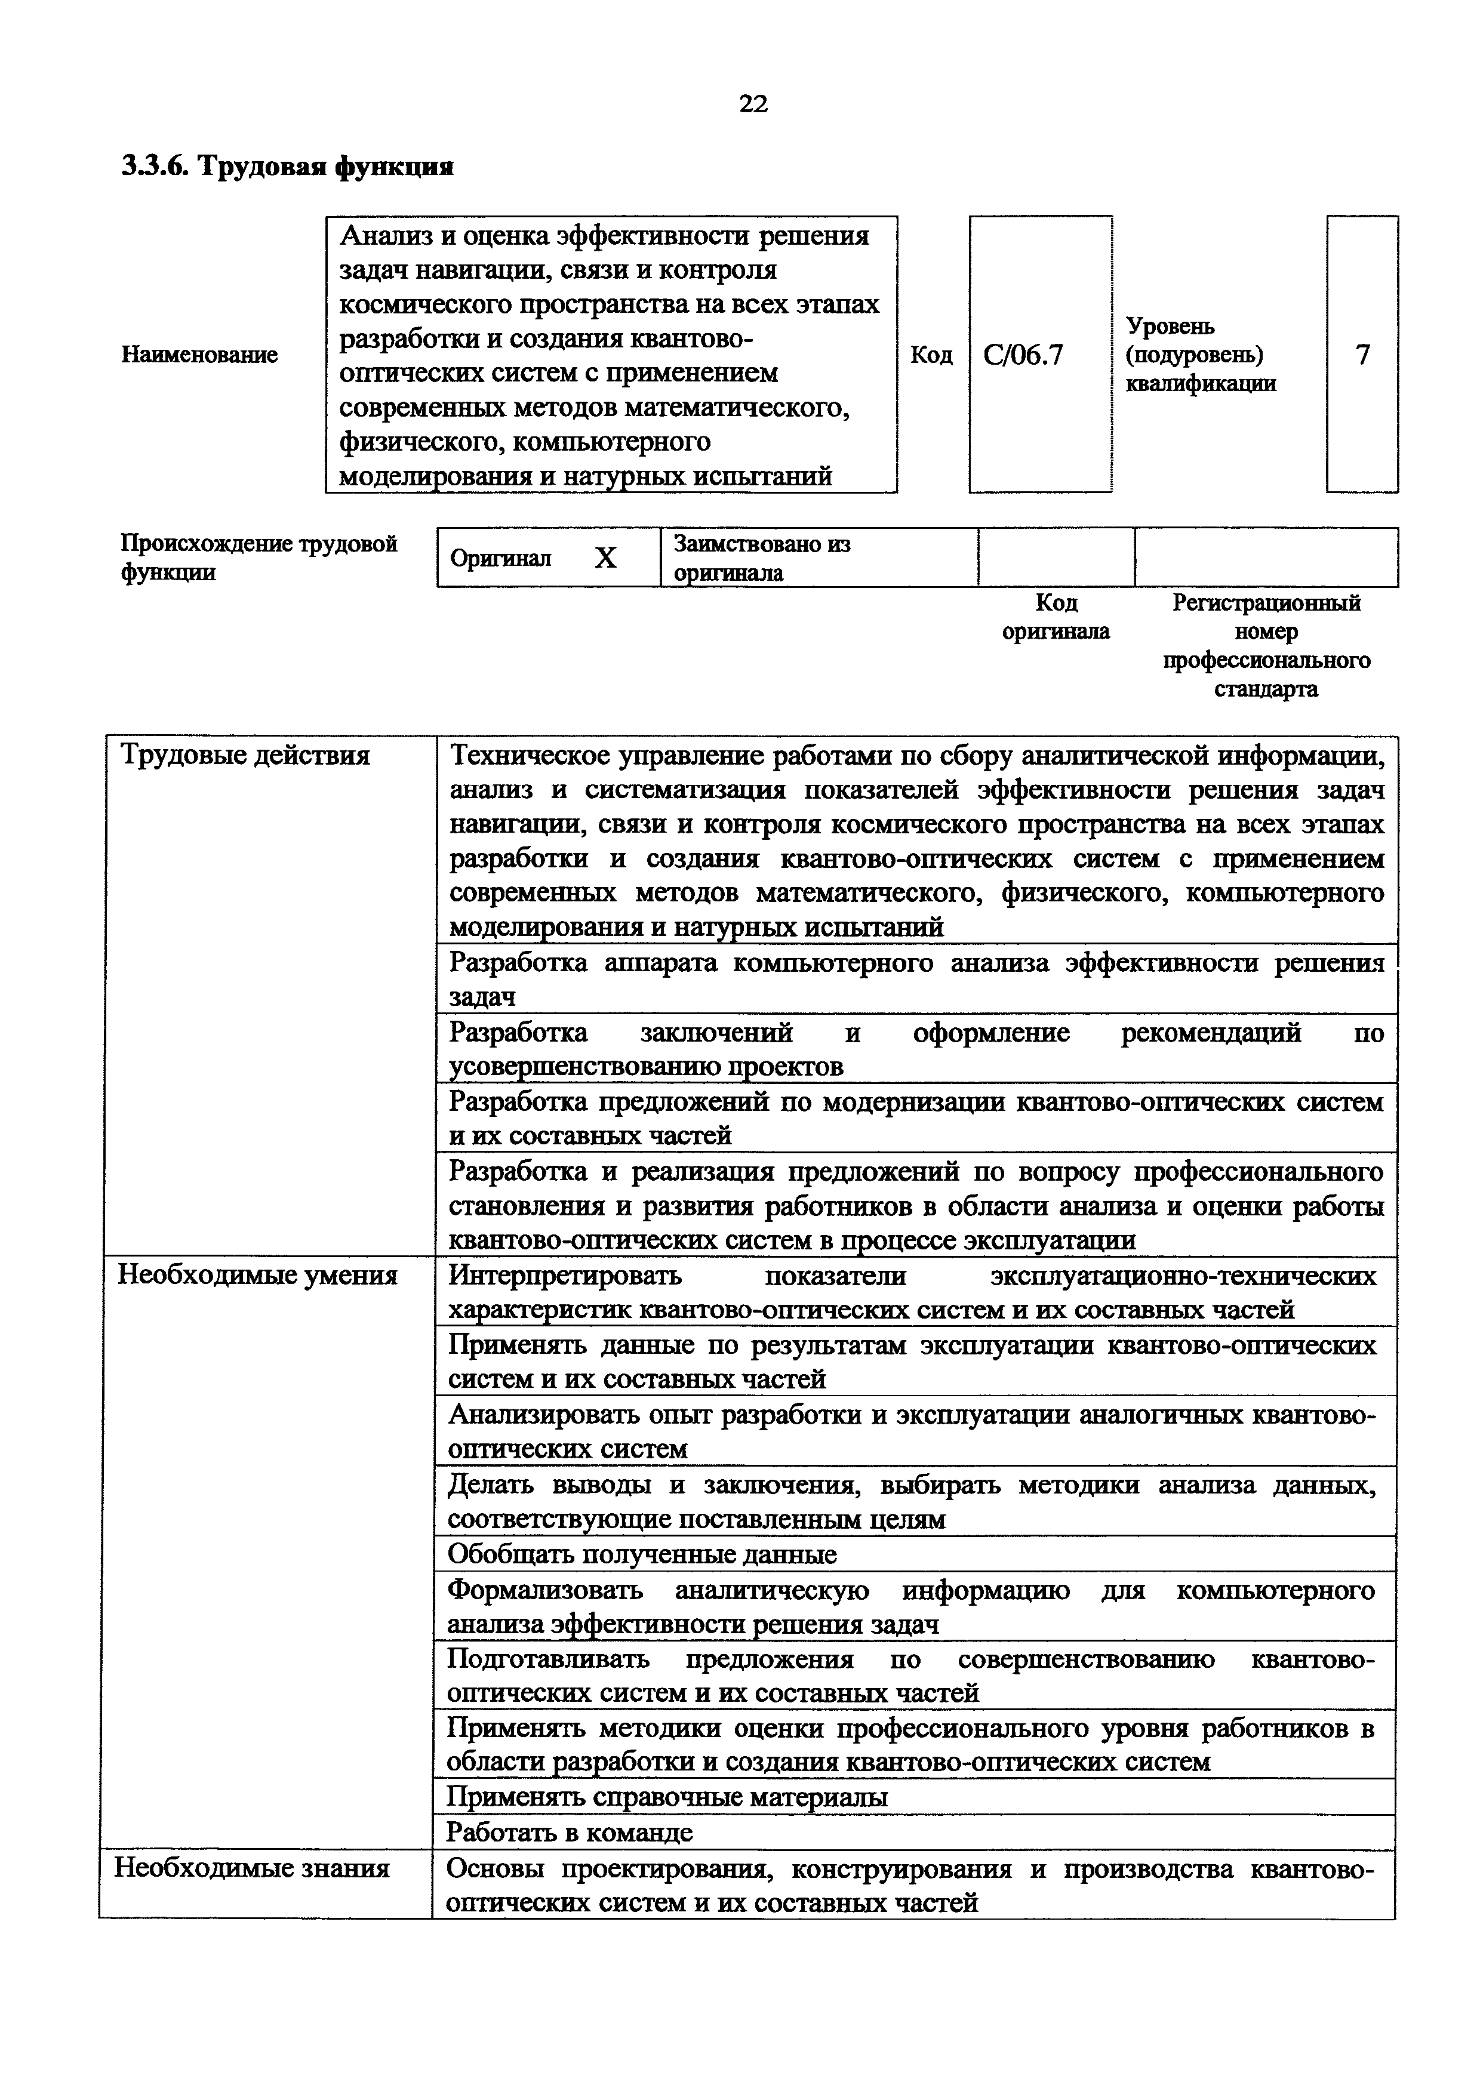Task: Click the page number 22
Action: pos(753,104)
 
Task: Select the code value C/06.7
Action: pos(1023,355)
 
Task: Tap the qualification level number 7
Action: pos(1362,355)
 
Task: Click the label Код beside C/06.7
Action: pos(931,355)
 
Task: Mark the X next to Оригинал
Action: pos(605,558)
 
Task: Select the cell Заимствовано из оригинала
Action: pos(761,558)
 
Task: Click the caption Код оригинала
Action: pos(1056,617)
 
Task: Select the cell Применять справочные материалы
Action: pos(667,1797)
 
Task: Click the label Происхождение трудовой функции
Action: pos(259,558)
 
